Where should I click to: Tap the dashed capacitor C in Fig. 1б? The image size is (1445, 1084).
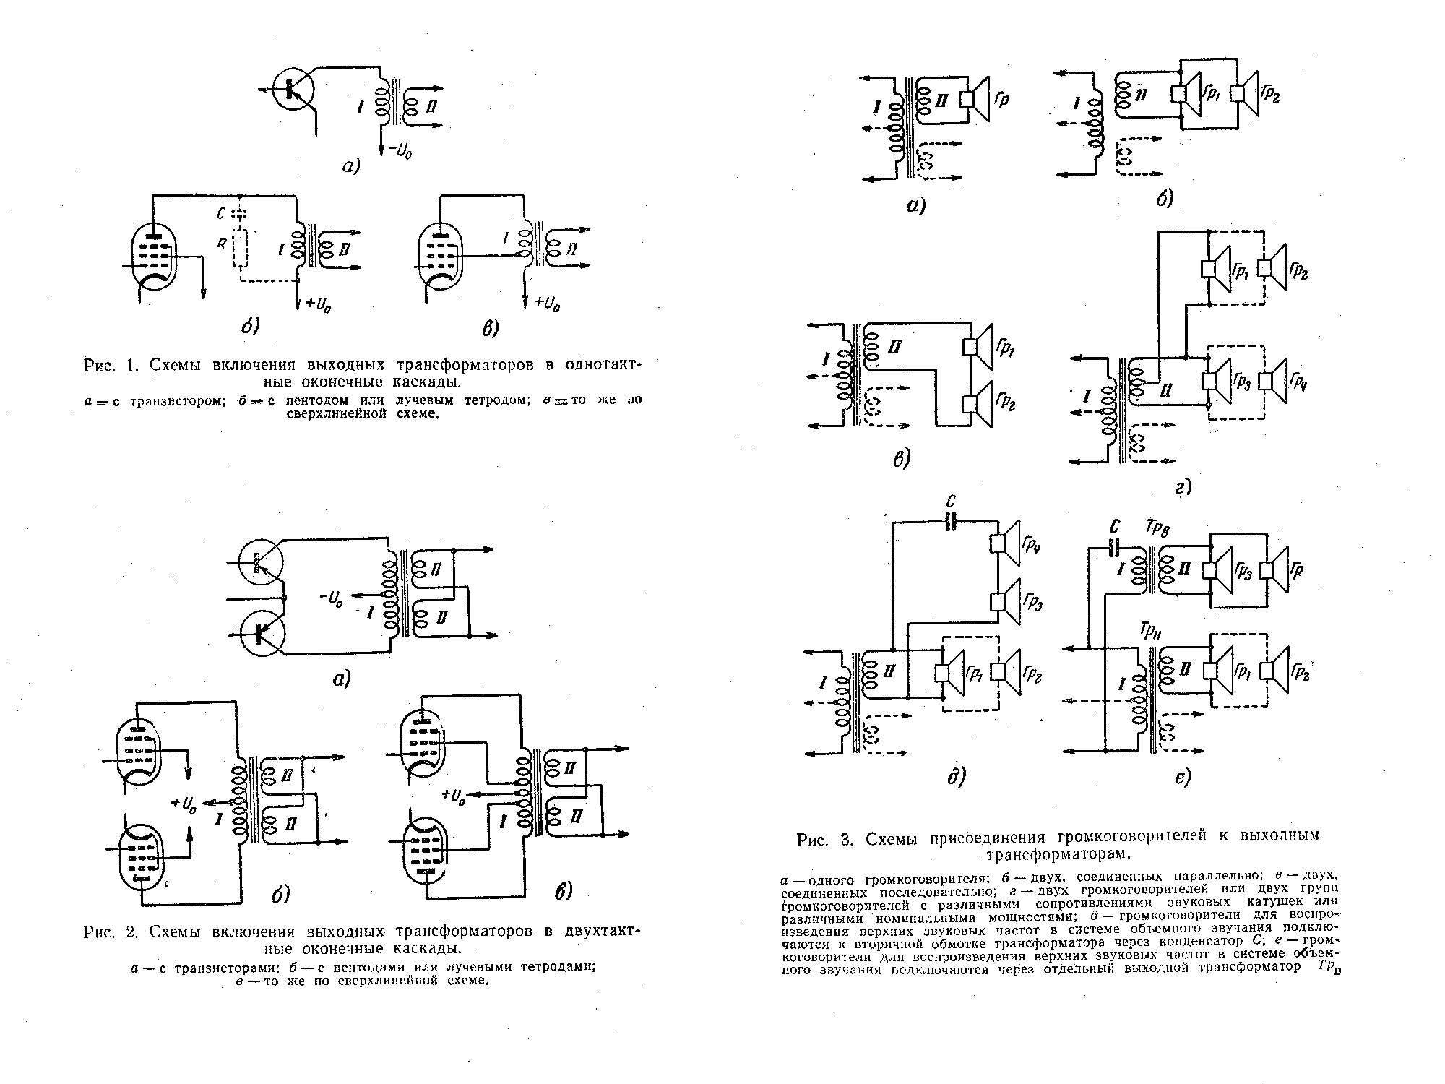[240, 214]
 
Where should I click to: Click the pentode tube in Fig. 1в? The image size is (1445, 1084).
[441, 257]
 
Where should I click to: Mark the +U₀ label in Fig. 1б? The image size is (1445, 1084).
[318, 304]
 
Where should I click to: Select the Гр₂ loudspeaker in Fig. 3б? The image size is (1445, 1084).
[1248, 93]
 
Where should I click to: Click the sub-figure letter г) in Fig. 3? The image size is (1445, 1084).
[1183, 489]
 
